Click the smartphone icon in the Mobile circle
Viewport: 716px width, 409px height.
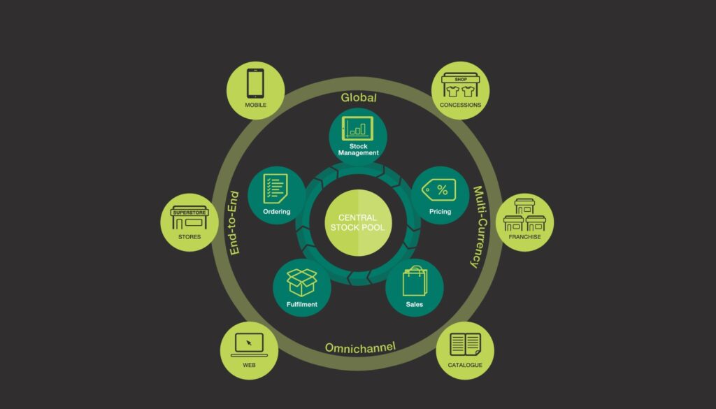point(255,85)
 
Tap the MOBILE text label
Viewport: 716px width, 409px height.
point(255,106)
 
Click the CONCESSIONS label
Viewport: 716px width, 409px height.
point(460,106)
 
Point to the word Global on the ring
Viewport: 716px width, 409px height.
point(358,98)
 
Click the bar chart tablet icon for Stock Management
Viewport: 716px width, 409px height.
point(358,128)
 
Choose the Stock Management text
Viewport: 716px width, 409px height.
point(358,149)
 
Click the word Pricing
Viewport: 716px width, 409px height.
point(441,211)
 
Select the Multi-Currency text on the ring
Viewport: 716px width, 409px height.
point(482,227)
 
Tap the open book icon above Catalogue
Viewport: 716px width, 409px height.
point(465,344)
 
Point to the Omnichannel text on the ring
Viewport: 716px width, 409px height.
point(360,347)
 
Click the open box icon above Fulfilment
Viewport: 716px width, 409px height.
point(301,282)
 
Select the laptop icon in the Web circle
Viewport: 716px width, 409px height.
point(249,343)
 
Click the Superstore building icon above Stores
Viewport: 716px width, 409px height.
point(189,217)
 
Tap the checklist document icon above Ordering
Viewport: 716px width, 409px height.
point(276,189)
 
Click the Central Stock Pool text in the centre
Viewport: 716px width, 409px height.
point(357,222)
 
